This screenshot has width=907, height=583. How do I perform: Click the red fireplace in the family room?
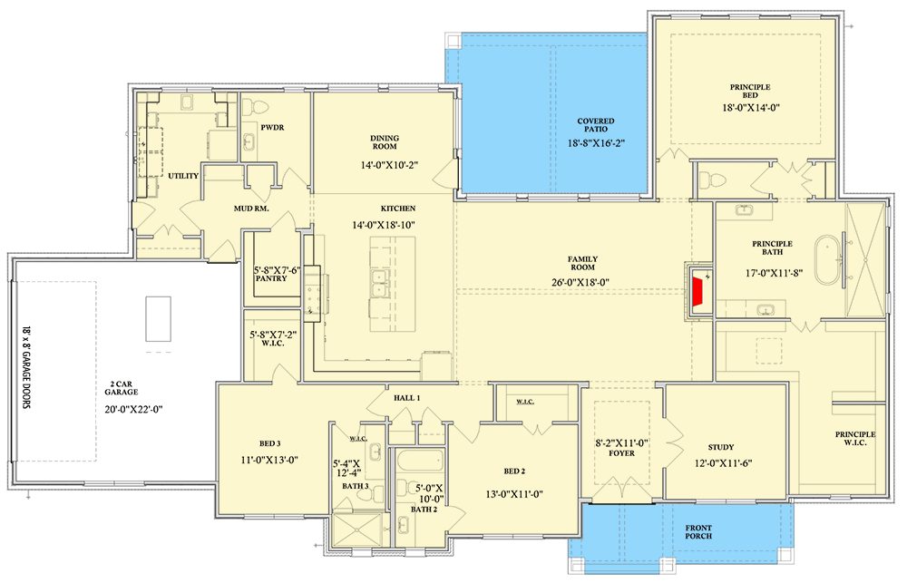pos(698,293)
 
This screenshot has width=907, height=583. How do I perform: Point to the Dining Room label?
pos(384,143)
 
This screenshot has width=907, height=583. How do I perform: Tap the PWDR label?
pos(272,128)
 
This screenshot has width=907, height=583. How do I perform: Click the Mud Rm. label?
pos(251,209)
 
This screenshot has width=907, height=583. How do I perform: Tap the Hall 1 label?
pos(405,398)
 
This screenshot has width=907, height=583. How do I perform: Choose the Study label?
pos(721,447)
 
